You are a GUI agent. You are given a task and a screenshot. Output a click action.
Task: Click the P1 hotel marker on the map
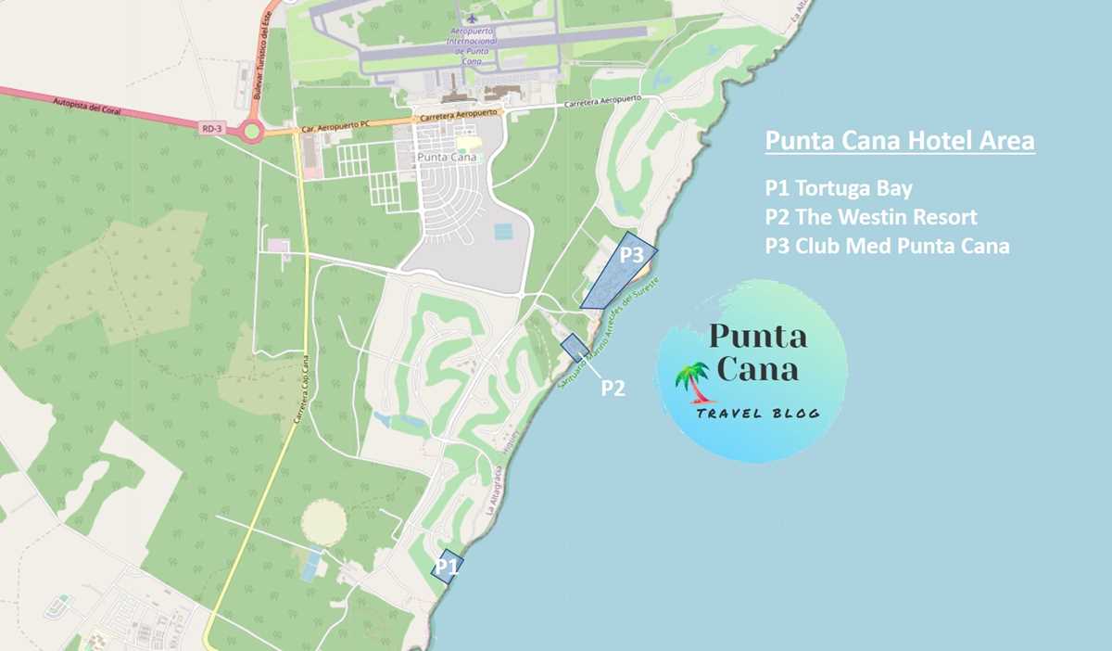pos(448,565)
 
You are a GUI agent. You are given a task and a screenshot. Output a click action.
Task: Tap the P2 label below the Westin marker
pos(613,388)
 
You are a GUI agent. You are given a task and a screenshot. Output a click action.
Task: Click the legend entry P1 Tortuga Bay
pos(839,189)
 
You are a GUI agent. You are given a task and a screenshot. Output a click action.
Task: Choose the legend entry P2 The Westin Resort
pos(871,218)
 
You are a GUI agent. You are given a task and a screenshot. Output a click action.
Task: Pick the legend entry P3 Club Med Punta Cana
pos(887,247)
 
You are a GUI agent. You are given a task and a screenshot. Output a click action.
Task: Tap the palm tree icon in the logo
pos(691,381)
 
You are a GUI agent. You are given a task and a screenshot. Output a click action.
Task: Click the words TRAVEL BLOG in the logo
pos(758,413)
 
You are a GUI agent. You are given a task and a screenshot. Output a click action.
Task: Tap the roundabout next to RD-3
pos(250,132)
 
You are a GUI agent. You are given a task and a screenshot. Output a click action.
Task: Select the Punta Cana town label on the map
pos(446,157)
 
